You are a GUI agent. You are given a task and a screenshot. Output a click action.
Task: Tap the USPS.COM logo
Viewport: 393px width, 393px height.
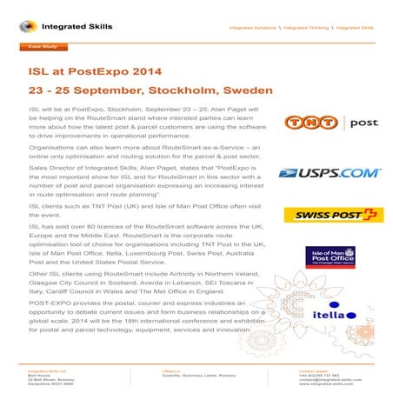(x=329, y=173)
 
